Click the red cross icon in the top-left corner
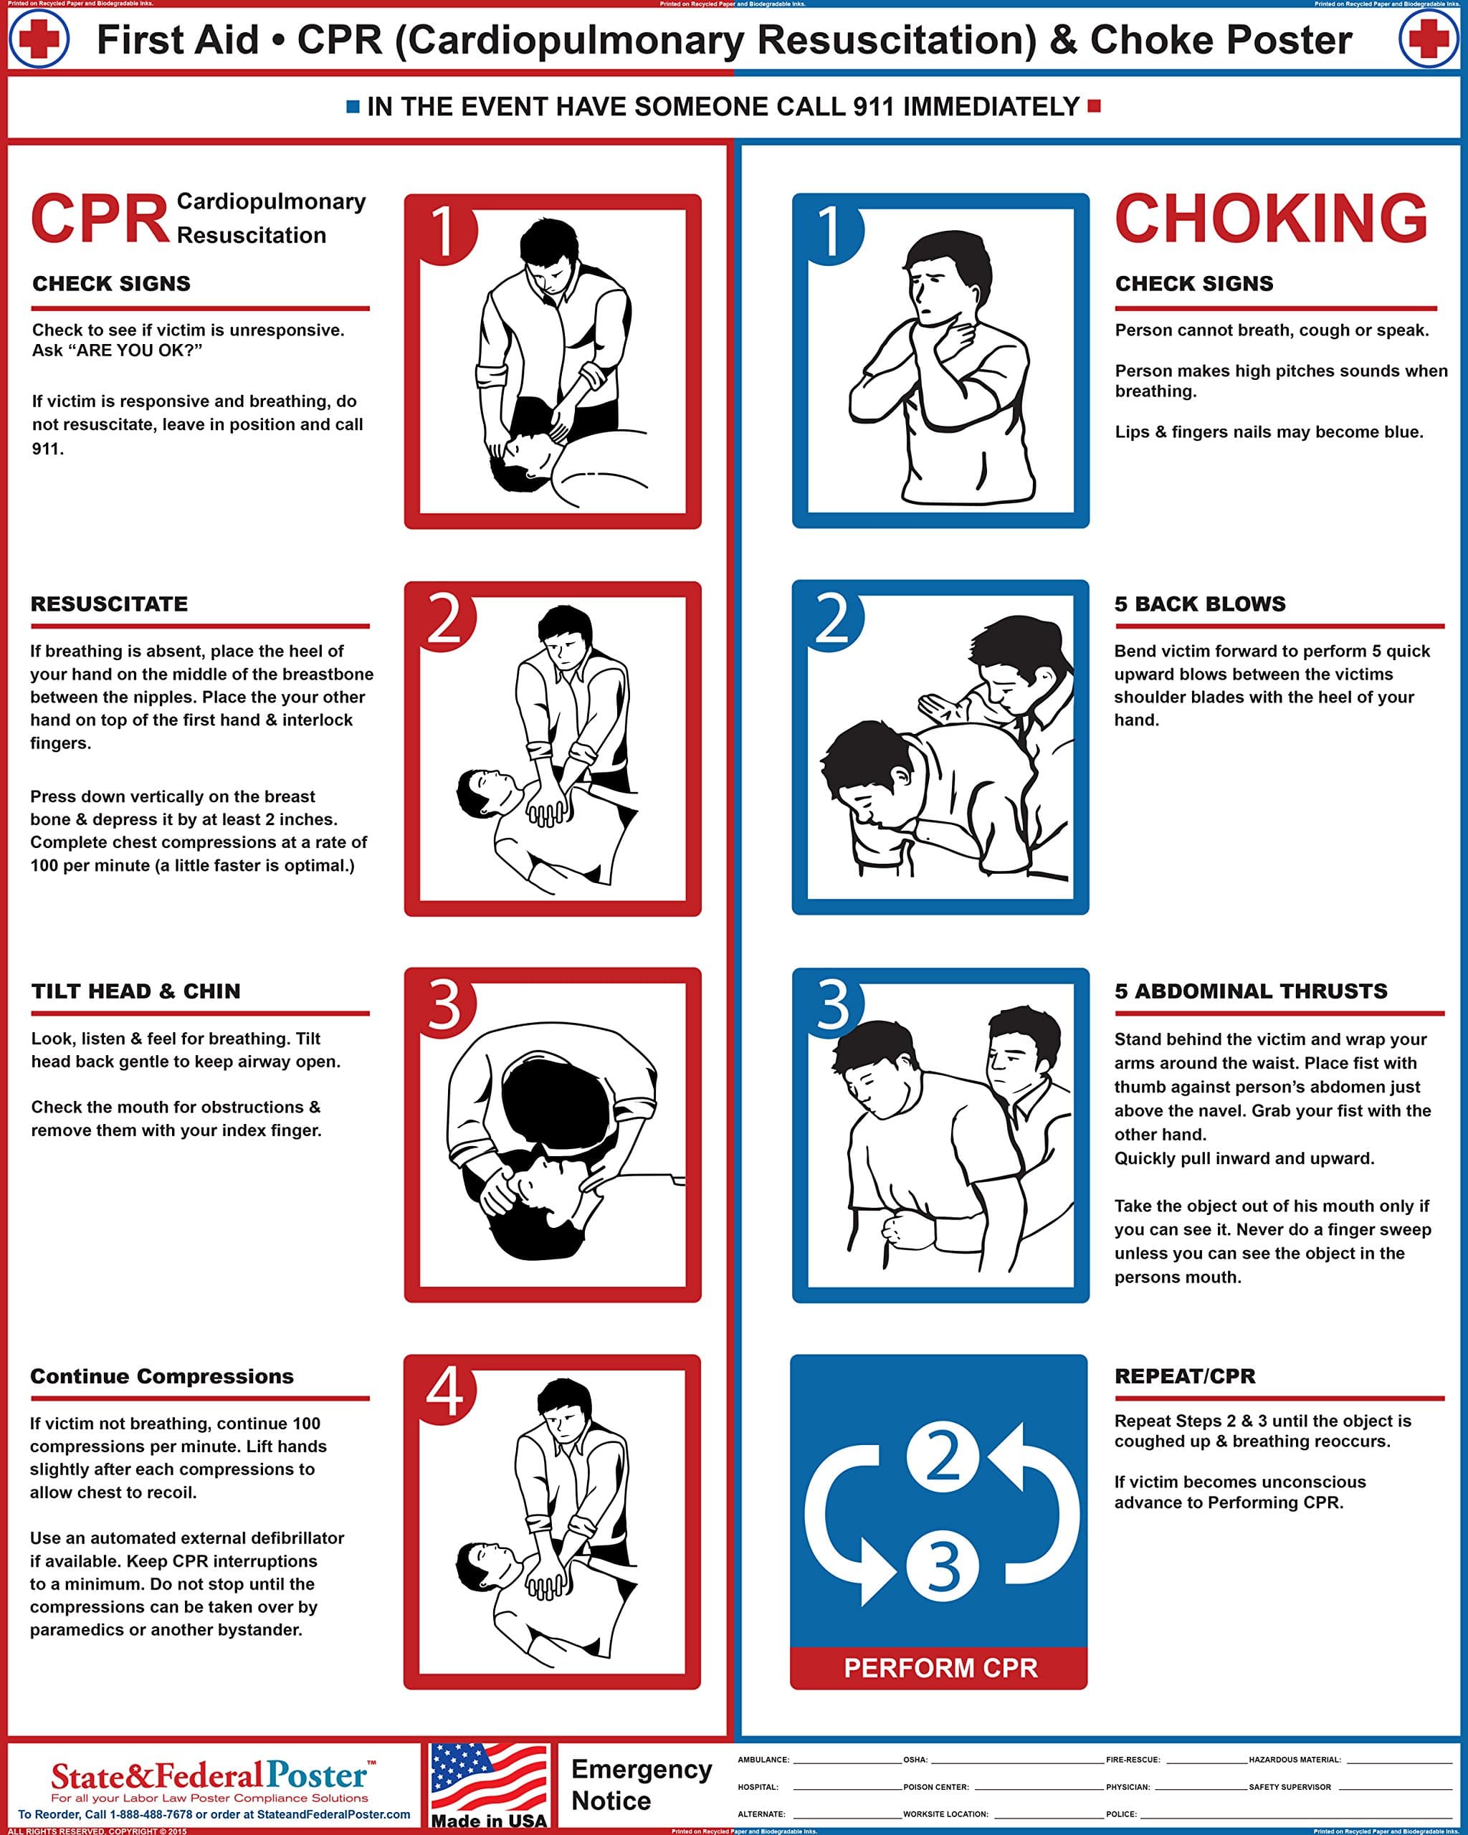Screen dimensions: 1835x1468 pyautogui.click(x=38, y=39)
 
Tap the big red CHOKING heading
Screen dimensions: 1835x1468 pyautogui.click(x=1271, y=219)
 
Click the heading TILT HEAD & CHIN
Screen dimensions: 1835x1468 pyautogui.click(x=136, y=991)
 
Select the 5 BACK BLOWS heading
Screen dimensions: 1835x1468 pyautogui.click(x=1200, y=604)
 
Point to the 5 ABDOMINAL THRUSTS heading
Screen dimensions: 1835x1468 pyautogui.click(x=1251, y=991)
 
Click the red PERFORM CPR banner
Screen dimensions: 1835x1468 pyautogui.click(x=940, y=1667)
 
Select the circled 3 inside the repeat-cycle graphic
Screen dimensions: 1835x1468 pyautogui.click(x=942, y=1566)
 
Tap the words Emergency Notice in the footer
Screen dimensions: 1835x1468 pyautogui.click(x=641, y=1785)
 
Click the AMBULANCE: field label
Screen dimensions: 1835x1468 pyautogui.click(x=763, y=1759)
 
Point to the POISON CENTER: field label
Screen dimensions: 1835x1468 pyautogui.click(x=935, y=1786)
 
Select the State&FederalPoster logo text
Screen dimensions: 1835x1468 pyautogui.click(x=209, y=1776)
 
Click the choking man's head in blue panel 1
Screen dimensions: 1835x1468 pyautogui.click(x=945, y=281)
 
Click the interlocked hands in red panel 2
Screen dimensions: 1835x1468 pyautogui.click(x=547, y=811)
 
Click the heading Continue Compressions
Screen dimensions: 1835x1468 pyautogui.click(x=162, y=1376)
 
